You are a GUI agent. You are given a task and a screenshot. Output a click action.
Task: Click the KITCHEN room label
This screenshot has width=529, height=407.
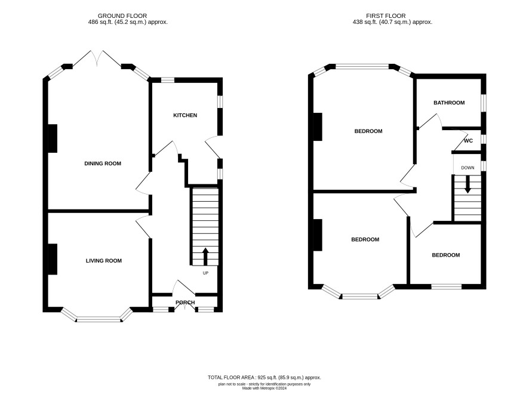(x=185, y=115)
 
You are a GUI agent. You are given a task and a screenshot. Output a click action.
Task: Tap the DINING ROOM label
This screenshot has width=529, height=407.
(x=103, y=164)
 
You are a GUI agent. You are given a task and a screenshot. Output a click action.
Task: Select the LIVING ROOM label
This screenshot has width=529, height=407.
(x=103, y=261)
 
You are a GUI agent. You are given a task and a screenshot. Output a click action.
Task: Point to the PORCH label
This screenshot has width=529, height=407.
(x=185, y=303)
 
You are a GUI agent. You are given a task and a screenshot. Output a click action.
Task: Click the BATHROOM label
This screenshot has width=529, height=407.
(x=449, y=103)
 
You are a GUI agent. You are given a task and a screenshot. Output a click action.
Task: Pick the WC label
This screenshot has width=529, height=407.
(x=468, y=141)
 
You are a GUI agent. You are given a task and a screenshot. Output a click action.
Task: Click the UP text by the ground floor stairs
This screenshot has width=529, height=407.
(x=205, y=273)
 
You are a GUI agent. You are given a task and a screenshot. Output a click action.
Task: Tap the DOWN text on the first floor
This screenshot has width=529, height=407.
(x=468, y=168)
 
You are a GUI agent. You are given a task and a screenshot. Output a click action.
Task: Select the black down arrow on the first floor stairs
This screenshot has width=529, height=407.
(x=468, y=184)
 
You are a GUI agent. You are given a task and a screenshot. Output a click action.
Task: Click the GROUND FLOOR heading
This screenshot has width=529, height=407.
(x=122, y=16)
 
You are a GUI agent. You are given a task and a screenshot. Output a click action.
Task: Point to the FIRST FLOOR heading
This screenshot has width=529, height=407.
(x=386, y=16)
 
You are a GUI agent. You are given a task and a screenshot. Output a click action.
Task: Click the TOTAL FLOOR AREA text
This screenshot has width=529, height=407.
(x=264, y=378)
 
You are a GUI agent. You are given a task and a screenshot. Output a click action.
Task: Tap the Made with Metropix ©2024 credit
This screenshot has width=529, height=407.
(x=264, y=388)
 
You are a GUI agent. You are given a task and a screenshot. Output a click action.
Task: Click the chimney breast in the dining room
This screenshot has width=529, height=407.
(x=53, y=138)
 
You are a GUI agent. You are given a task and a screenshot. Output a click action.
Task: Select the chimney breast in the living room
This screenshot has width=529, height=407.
(x=53, y=259)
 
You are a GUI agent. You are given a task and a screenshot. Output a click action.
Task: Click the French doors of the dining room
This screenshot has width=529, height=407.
(x=97, y=59)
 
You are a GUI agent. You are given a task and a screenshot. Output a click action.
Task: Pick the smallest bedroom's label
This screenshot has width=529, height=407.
(x=445, y=255)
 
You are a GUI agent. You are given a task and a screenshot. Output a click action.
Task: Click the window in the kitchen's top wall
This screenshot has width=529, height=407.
(x=167, y=80)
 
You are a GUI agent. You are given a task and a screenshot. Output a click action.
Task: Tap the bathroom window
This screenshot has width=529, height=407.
(x=484, y=103)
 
